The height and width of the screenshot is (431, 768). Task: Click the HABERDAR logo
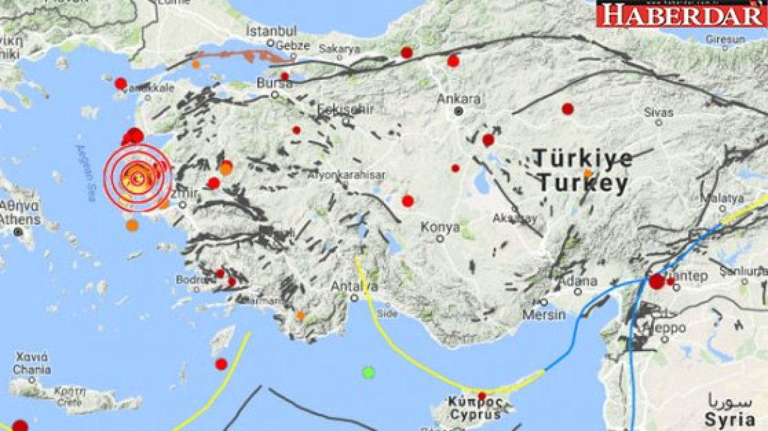tap(681, 14)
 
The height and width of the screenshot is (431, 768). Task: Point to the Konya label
tap(440, 227)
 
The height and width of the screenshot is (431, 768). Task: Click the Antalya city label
tap(355, 286)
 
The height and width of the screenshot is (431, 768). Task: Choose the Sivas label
tap(659, 112)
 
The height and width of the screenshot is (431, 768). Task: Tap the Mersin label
tap(544, 315)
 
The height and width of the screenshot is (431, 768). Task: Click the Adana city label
tap(578, 281)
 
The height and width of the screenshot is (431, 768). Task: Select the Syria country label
tap(729, 419)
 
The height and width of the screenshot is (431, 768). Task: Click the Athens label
tap(19, 220)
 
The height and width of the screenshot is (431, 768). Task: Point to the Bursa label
tap(274, 83)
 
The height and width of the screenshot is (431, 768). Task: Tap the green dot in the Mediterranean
tap(368, 372)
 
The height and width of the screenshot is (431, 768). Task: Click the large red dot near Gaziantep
tap(657, 281)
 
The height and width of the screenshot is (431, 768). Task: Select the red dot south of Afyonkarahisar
tap(408, 201)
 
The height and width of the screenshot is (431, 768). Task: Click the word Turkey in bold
tap(582, 184)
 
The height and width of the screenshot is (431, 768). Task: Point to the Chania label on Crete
tap(32, 370)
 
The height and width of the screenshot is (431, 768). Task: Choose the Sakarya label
tap(339, 49)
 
